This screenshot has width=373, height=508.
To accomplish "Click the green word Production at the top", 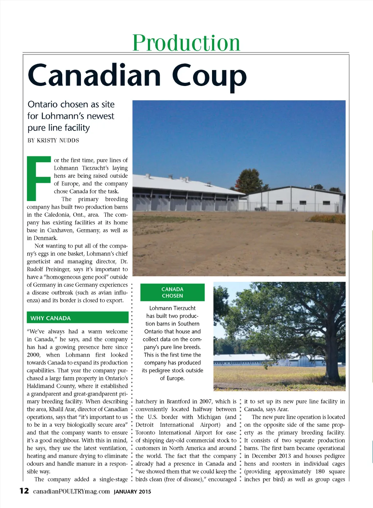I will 186,43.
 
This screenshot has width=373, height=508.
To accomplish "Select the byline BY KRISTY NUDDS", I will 53,140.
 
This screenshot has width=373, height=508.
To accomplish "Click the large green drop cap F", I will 39,179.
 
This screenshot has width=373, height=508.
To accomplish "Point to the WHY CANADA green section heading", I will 51,318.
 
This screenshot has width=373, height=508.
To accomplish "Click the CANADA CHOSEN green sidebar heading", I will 172,292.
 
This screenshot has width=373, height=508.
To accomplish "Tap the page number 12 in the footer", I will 24,491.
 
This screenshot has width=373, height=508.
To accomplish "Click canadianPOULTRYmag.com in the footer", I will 71,491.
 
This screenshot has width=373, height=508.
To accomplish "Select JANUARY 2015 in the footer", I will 133,492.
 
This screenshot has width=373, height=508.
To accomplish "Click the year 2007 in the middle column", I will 206,402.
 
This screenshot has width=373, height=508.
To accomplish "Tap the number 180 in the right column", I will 320,472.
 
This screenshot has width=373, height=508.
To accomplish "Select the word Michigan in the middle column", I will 209,417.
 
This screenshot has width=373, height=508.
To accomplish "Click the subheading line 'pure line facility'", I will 59,128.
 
